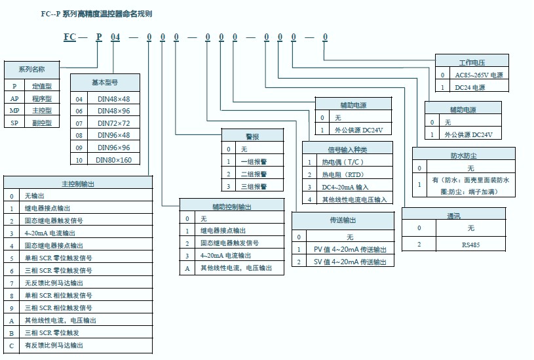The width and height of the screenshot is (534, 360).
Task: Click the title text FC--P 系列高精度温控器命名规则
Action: (x=96, y=14)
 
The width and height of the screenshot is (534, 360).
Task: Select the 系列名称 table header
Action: (x=31, y=70)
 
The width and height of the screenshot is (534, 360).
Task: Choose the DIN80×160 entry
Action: (x=113, y=160)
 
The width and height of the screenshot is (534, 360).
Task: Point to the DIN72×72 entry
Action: (x=113, y=123)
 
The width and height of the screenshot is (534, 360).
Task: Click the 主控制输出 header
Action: (x=77, y=184)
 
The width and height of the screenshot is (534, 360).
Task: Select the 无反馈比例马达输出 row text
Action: (x=54, y=283)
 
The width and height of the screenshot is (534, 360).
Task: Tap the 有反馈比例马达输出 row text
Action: (x=54, y=345)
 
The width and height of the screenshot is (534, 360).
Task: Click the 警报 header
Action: (x=252, y=136)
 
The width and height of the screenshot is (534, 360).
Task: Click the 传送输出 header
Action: (x=343, y=220)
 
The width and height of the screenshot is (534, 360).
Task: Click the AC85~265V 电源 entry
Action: (x=479, y=75)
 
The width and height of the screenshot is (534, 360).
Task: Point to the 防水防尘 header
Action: (x=461, y=155)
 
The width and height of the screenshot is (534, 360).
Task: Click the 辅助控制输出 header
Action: (x=232, y=207)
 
